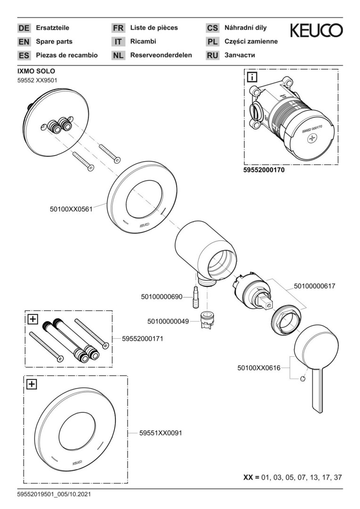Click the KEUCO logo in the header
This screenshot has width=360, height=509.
[x=316, y=31]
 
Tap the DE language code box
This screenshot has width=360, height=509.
[x=24, y=28]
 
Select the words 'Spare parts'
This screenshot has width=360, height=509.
[x=54, y=41]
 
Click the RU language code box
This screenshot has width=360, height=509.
[x=213, y=55]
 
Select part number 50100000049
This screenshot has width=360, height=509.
[x=168, y=321]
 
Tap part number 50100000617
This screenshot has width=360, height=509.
[x=315, y=286]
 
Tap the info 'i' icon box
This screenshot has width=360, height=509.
[x=252, y=76]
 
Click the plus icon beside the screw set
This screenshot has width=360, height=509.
[x=33, y=319]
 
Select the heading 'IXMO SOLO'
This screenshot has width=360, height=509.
[x=36, y=71]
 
